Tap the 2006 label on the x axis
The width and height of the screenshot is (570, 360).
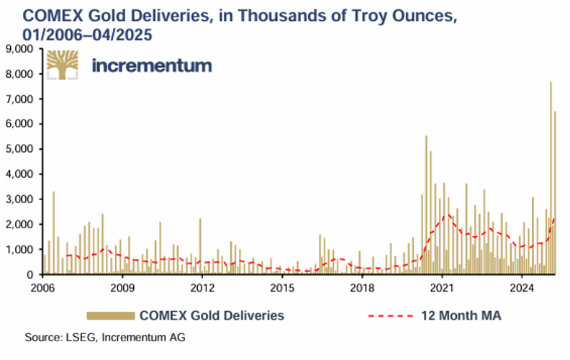click(43, 289)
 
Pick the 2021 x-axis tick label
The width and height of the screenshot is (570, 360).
click(441, 289)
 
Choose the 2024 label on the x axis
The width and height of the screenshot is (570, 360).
click(521, 289)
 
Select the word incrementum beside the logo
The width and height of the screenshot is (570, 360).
click(152, 66)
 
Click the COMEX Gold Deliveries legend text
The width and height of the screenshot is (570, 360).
click(212, 315)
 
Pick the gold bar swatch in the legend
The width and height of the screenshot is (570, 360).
click(111, 315)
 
